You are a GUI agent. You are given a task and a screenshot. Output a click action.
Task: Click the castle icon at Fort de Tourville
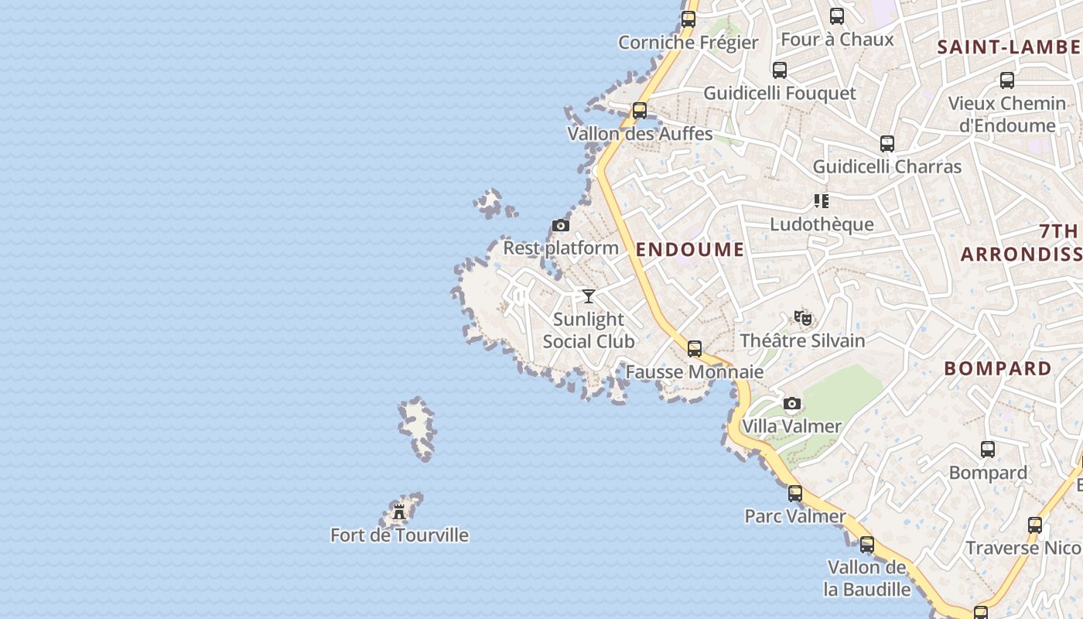click(399, 511)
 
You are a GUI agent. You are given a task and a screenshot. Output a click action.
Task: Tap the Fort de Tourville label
click(399, 535)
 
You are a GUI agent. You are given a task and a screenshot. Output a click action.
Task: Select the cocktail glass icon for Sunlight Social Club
click(589, 296)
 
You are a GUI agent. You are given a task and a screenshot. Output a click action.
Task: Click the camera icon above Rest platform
click(561, 226)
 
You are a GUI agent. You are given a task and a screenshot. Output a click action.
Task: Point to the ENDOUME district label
click(690, 249)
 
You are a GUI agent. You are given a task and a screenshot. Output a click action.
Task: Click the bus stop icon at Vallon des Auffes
click(640, 111)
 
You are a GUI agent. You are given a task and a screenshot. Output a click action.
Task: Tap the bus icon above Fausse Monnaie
click(695, 349)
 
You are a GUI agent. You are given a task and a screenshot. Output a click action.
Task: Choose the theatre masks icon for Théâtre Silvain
click(803, 317)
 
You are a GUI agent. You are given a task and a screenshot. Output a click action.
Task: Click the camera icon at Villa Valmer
click(791, 403)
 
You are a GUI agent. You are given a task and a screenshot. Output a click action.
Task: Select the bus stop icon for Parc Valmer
click(795, 494)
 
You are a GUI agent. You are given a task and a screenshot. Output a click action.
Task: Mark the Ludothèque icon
click(822, 201)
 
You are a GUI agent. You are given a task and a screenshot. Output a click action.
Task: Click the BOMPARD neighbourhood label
click(998, 368)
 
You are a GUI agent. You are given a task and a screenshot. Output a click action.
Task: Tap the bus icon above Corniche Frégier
click(688, 19)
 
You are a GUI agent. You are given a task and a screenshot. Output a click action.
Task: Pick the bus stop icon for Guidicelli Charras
click(887, 144)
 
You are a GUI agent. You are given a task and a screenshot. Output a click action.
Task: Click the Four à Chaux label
click(837, 39)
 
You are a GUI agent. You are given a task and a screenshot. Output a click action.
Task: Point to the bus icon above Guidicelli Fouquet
click(780, 70)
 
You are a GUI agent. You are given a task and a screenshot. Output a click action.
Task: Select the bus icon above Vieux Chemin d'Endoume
click(1007, 80)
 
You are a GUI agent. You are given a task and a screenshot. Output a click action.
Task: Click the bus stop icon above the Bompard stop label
click(988, 450)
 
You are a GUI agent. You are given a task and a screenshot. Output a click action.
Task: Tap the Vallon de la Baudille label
click(867, 578)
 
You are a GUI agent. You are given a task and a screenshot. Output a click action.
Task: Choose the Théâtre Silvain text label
click(802, 340)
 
